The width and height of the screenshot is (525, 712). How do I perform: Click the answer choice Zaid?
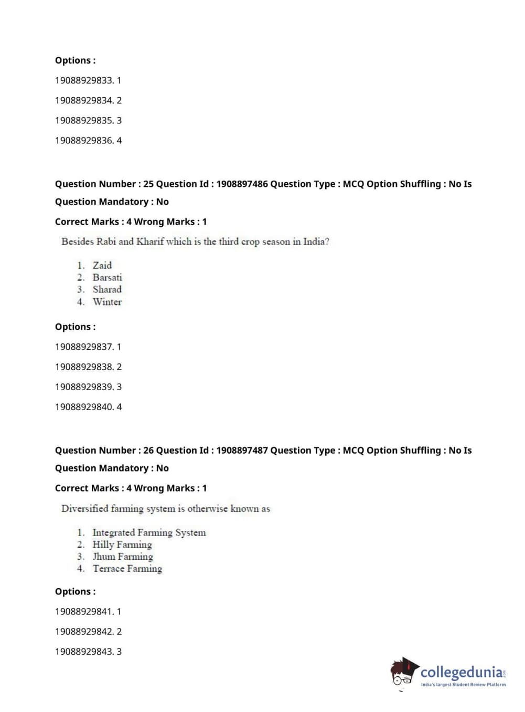102,265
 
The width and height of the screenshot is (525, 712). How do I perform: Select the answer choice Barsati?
107,277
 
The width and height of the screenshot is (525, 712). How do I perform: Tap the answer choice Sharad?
107,289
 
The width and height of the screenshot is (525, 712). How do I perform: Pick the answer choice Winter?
107,302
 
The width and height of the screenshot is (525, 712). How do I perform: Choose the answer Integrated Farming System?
149,532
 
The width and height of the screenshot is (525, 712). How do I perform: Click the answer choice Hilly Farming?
122,545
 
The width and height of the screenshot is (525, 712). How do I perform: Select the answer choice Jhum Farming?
123,557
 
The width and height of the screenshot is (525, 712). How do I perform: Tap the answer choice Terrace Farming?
127,569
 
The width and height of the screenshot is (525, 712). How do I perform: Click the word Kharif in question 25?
150,242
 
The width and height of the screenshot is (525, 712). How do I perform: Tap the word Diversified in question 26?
84,508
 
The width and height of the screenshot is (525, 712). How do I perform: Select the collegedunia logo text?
461,672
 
